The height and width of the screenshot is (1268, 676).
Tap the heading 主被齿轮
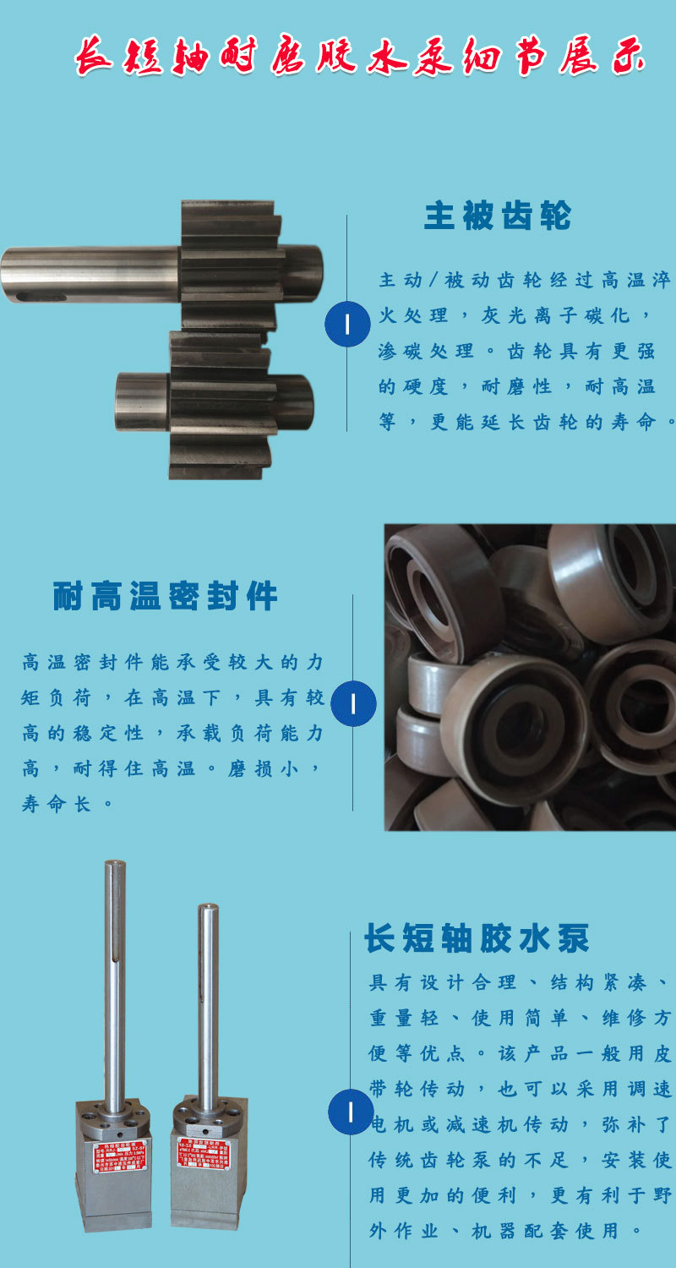pos(497,216)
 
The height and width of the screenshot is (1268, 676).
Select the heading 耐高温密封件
pos(165,597)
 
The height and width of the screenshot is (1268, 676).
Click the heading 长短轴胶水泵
pos(477,938)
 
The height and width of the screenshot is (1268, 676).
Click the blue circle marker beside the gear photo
pos(347,324)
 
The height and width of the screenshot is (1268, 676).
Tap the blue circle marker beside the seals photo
pos(352,702)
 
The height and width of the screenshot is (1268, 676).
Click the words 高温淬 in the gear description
pos(634,280)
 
